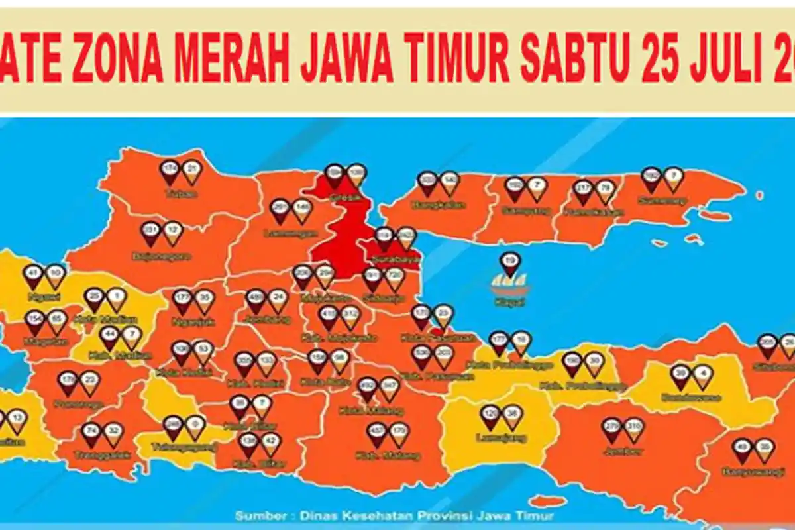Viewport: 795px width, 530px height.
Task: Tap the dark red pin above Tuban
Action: pos(170,172)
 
